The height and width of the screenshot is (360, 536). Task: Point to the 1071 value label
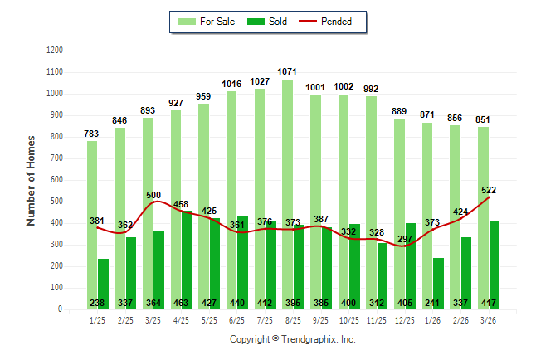288,72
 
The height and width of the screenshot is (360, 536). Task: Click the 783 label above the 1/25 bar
92,134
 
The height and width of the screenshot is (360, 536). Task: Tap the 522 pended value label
487,190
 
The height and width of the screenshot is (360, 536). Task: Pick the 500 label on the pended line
153,195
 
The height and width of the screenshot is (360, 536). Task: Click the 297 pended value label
404,239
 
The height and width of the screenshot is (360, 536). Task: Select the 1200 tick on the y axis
55,51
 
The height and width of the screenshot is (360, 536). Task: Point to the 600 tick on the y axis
57,180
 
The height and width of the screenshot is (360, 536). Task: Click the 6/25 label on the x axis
237,320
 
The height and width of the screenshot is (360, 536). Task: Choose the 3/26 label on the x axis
490,320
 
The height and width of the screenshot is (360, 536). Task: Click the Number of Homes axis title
31,180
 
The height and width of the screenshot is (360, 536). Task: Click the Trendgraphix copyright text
292,339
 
